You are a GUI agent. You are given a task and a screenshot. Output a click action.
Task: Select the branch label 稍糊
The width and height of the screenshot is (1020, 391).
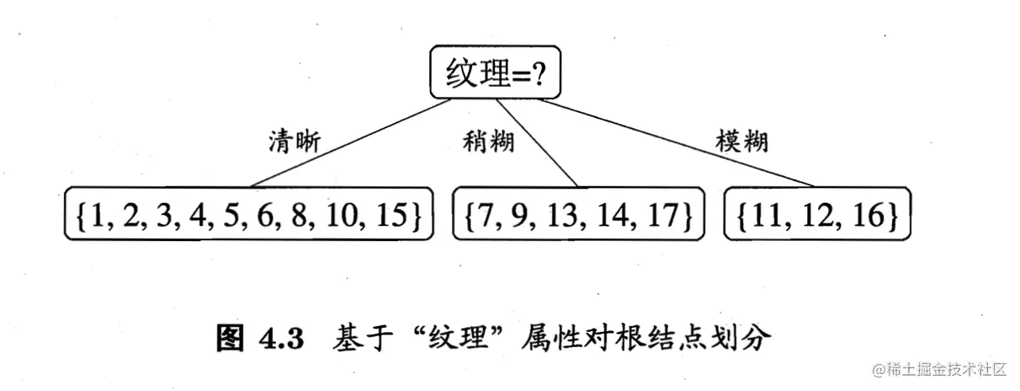click(487, 142)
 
